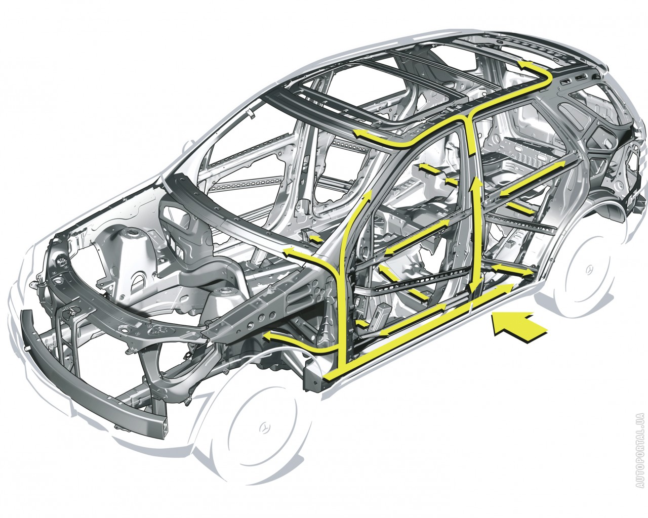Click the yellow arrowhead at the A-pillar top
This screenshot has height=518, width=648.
(368, 196)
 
